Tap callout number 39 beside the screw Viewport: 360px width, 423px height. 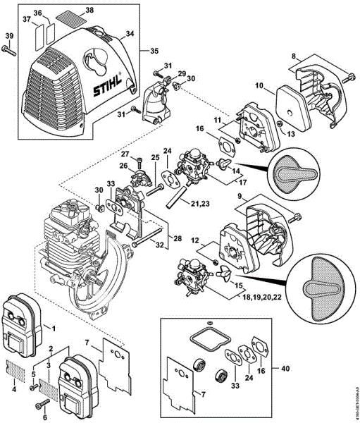tap(8, 36)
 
